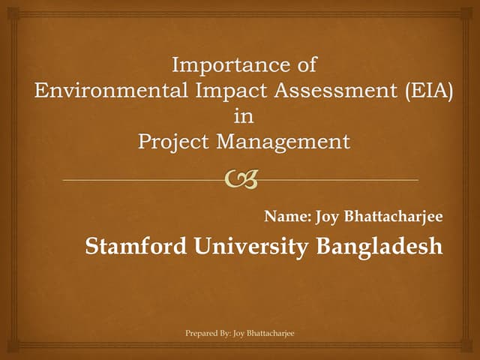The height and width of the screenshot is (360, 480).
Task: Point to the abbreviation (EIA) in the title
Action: [426, 91]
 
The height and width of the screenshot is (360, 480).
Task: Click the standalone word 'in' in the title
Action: [244, 117]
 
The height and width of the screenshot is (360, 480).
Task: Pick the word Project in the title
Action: [175, 142]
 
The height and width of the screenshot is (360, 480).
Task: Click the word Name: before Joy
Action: [288, 217]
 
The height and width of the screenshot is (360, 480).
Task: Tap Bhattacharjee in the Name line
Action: [394, 217]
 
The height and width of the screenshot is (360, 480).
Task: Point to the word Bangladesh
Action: [379, 246]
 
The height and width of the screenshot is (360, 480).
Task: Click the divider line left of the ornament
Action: [142, 181]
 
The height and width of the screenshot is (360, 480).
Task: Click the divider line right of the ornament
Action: [337, 181]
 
